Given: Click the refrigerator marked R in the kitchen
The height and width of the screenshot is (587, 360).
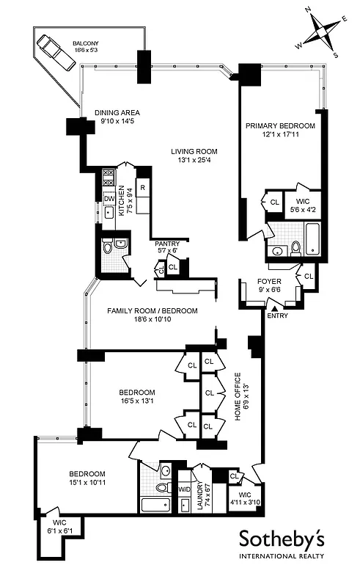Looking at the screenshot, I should pyautogui.click(x=143, y=188).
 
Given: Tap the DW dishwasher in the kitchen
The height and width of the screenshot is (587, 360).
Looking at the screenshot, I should pyautogui.click(x=108, y=198).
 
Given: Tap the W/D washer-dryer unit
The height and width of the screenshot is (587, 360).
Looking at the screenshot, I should pyautogui.click(x=183, y=489).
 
